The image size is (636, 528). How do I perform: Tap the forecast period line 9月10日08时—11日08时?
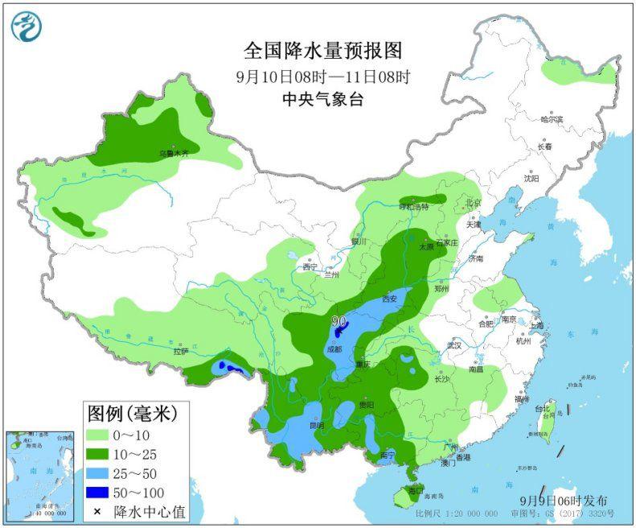coord(323,77)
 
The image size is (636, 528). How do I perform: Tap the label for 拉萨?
coord(180,351)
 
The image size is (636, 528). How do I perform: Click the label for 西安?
coord(391,299)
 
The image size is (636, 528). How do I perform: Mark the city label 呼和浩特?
coord(416,207)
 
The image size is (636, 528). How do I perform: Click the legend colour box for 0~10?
coord(100,436)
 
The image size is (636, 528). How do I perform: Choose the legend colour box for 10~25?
coord(100,455)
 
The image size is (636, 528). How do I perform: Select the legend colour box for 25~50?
coord(100,473)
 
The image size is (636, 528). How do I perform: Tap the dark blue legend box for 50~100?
coord(100,492)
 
